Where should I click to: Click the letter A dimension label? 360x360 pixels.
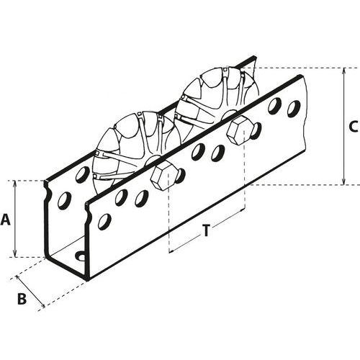coord(6,220)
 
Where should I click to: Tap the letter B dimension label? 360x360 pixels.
coord(22,299)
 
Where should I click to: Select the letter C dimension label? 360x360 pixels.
coord(354,126)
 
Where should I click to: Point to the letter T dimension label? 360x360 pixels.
coord(206,231)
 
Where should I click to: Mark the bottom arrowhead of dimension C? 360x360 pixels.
coord(344,182)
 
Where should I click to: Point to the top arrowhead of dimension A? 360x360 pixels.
coord(15,184)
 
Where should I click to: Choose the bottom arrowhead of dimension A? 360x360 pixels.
coord(15,254)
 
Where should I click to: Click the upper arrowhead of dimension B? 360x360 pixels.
coord(18,279)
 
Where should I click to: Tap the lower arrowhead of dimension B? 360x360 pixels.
coord(42,305)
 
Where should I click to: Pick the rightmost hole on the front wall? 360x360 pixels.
coord(294,109)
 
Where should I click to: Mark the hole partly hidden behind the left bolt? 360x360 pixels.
coord(181,175)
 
